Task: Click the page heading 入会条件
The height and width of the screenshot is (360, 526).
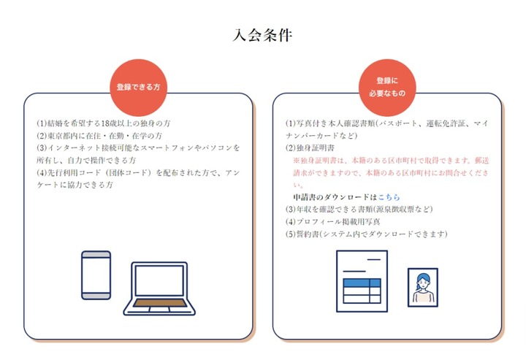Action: (x=262, y=35)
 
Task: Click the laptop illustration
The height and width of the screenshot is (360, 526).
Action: (x=159, y=288)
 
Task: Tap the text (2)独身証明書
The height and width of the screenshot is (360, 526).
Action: (x=308, y=148)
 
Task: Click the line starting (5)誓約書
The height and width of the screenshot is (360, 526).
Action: (x=365, y=234)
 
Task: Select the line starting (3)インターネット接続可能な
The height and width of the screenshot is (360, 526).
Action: (x=139, y=148)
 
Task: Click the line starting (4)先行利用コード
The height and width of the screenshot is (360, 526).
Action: (x=139, y=172)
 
